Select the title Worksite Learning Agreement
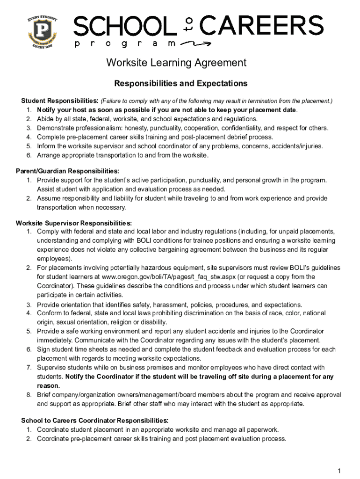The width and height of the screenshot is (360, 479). coord(176,63)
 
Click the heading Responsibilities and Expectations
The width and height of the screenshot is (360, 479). coord(180,84)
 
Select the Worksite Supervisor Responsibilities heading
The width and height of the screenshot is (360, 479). coord(74,223)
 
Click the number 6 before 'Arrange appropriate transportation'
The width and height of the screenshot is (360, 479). coord(29,155)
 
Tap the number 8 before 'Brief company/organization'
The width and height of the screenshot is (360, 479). coord(29,395)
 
